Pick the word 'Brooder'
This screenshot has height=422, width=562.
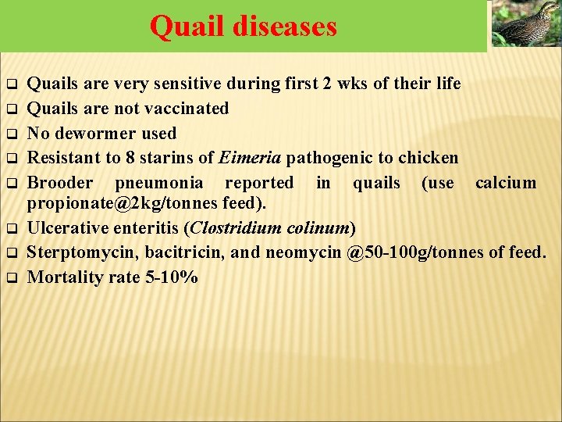pos(60,183)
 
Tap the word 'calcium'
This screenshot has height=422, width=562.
pos(506,183)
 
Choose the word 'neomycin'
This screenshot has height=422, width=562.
pos(301,253)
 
